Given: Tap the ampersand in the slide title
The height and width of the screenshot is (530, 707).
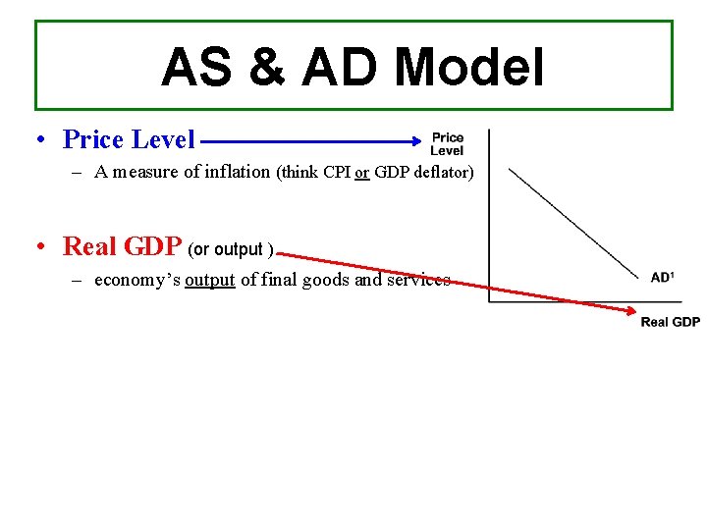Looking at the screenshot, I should coord(262,68).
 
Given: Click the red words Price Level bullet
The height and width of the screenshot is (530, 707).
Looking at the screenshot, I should coord(129,139).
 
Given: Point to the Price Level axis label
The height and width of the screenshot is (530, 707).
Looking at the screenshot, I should coord(447,144).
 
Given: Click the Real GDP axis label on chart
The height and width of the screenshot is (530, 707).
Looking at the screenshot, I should coord(670,322).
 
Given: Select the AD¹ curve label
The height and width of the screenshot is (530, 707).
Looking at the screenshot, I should coord(663,278).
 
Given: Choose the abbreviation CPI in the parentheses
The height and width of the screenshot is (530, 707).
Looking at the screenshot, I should coord(337,173).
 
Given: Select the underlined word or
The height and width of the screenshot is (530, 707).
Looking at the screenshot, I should coord(362,173).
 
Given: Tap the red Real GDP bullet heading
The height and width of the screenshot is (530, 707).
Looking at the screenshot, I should coord(122,246).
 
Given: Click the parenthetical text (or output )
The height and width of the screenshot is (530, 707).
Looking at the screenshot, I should coord(230,249).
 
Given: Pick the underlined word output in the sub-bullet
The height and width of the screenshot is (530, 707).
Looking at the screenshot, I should coord(210,280).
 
